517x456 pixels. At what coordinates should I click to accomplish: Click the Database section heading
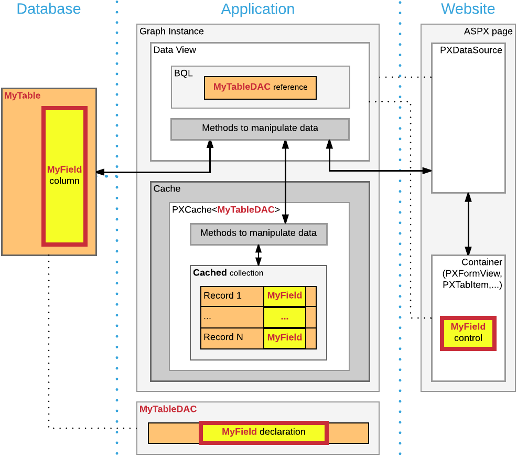[x=49, y=9]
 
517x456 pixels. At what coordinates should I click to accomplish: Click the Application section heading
[x=257, y=9]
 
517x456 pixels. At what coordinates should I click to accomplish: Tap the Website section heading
[x=468, y=9]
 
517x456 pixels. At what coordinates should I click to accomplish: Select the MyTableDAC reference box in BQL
[x=260, y=87]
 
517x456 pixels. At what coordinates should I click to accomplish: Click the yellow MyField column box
[x=64, y=176]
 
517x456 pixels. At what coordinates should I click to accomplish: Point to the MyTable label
[x=23, y=96]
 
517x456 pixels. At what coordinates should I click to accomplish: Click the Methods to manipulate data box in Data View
[x=260, y=129]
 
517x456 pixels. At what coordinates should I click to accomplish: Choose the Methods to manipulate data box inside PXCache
[x=258, y=234]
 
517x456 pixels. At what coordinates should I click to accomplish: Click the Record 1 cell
[x=232, y=296]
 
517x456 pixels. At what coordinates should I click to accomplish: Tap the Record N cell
[x=232, y=337]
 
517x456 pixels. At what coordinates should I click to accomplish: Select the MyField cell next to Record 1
[x=285, y=296]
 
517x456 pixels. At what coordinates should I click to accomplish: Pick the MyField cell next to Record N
[x=285, y=337]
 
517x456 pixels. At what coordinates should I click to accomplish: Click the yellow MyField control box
[x=468, y=333]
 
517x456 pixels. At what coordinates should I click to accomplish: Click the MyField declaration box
[x=263, y=432]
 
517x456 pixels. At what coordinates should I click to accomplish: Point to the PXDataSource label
[x=471, y=50]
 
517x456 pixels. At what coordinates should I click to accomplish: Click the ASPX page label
[x=488, y=31]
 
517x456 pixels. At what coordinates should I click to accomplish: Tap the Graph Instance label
[x=171, y=31]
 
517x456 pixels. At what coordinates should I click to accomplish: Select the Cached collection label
[x=228, y=273]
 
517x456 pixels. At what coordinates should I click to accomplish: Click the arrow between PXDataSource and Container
[x=468, y=224]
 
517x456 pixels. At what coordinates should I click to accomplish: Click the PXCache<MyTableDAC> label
[x=226, y=210]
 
